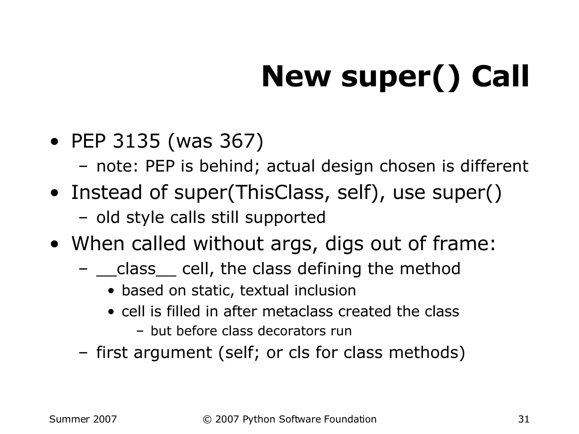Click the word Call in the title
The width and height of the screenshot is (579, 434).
coord(500,77)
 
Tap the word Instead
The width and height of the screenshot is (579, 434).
coord(106,192)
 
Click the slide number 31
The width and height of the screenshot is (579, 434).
coord(524,419)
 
